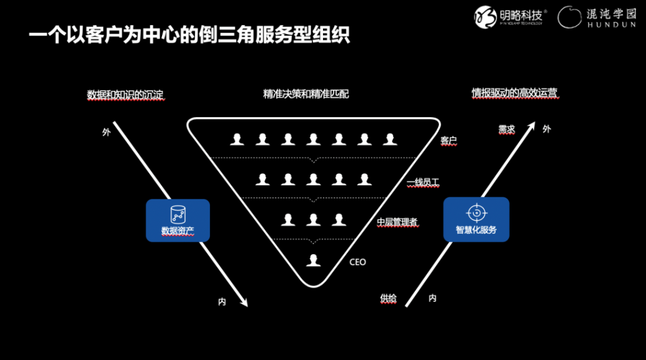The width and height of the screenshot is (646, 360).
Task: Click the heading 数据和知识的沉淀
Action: [x=125, y=95]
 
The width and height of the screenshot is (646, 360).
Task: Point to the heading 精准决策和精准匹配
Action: [x=306, y=94]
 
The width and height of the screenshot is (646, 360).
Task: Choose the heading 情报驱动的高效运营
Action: [x=515, y=93]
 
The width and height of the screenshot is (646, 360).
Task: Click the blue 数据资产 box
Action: [x=178, y=221]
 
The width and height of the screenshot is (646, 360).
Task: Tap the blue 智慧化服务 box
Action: [x=476, y=219]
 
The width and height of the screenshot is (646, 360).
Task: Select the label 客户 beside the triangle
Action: [x=449, y=141]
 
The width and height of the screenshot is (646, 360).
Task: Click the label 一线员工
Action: [x=423, y=182]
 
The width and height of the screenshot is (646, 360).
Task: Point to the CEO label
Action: [x=358, y=262]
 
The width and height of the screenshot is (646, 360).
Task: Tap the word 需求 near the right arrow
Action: [x=507, y=129]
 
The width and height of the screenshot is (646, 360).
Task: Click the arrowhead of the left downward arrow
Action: [x=244, y=301]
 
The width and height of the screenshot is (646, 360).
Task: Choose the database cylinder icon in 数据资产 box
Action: [x=177, y=212]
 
